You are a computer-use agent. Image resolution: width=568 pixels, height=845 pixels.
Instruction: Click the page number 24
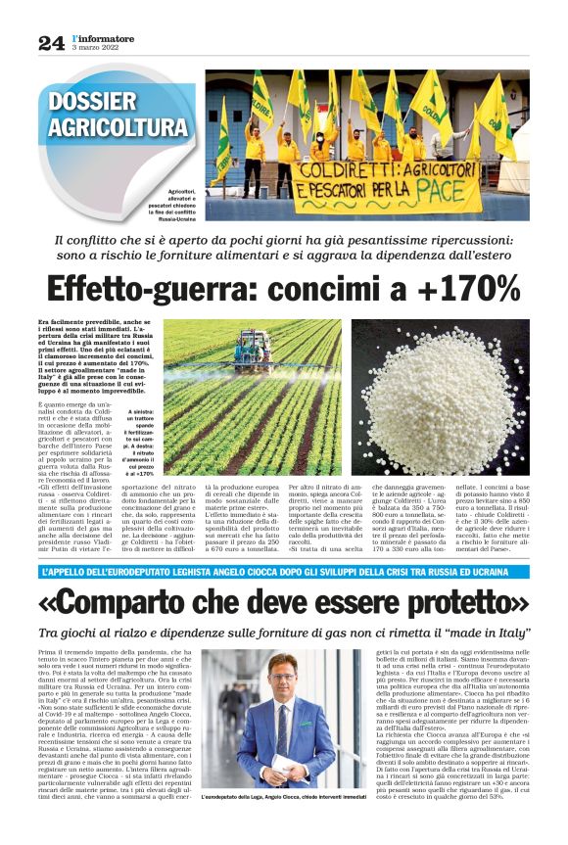coord(51,42)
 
